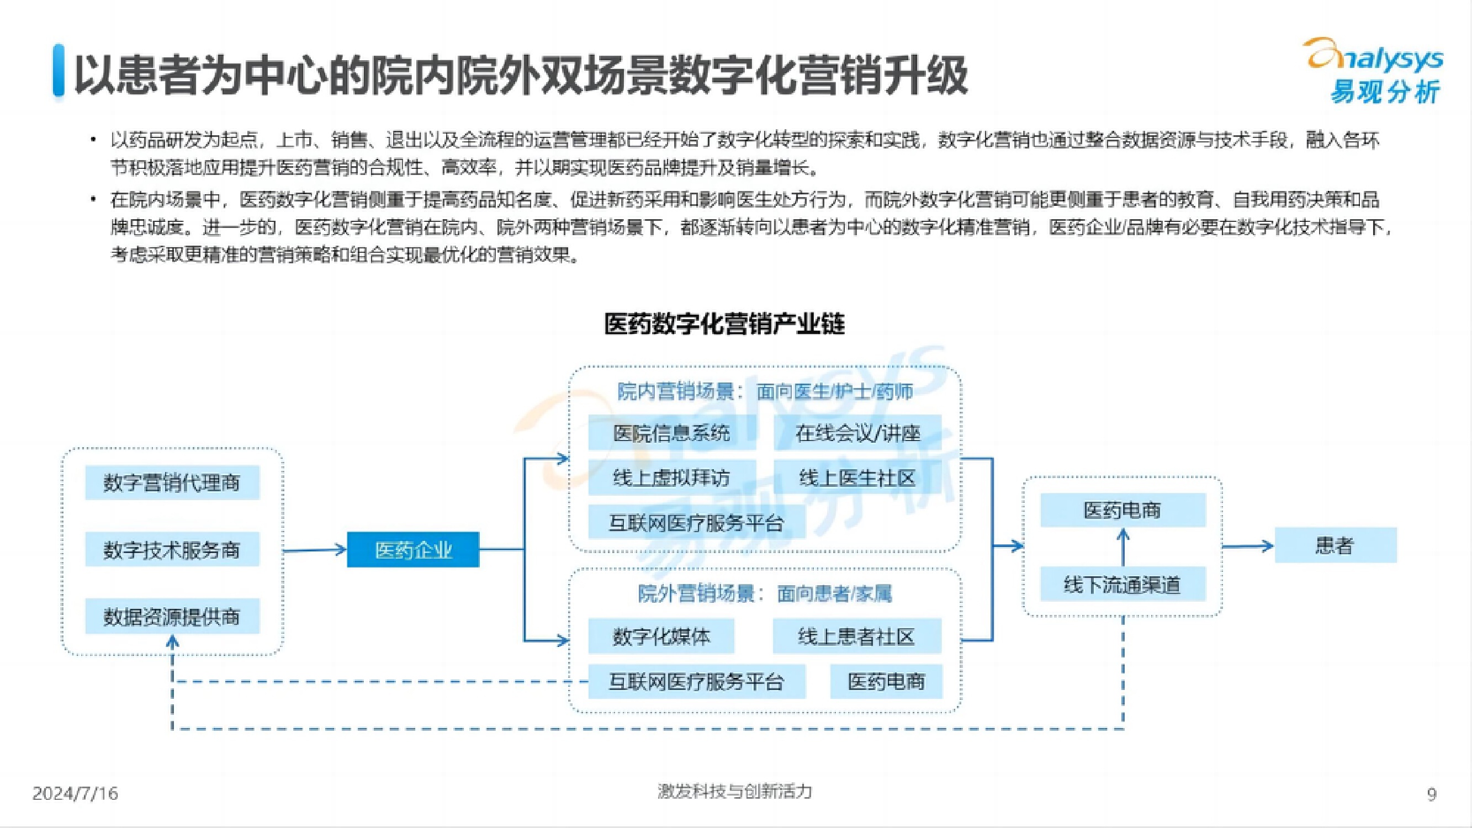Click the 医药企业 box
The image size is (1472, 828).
tap(413, 550)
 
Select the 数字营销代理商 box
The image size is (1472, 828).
tap(172, 483)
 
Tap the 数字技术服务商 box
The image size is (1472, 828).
tap(172, 550)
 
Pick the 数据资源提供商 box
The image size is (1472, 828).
tap(172, 616)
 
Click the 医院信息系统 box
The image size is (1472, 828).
tap(671, 433)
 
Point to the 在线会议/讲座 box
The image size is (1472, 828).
tap(857, 433)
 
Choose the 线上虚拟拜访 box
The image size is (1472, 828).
tap(671, 477)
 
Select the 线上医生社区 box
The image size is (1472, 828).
tap(857, 477)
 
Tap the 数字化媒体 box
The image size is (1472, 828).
tap(661, 636)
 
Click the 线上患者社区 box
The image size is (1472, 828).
tap(856, 636)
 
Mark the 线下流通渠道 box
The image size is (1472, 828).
tap(1122, 584)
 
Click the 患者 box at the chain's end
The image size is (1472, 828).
tap(1336, 545)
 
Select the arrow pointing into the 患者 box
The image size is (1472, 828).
tap(1248, 546)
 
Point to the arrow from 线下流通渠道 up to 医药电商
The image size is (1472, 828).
tap(1123, 546)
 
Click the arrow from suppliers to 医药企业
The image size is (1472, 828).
tap(315, 550)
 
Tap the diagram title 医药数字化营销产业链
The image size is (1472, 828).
tap(724, 324)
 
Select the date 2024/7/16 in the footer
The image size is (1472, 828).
tap(75, 793)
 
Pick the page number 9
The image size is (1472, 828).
tap(1432, 794)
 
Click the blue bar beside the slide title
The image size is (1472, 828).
tap(59, 70)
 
